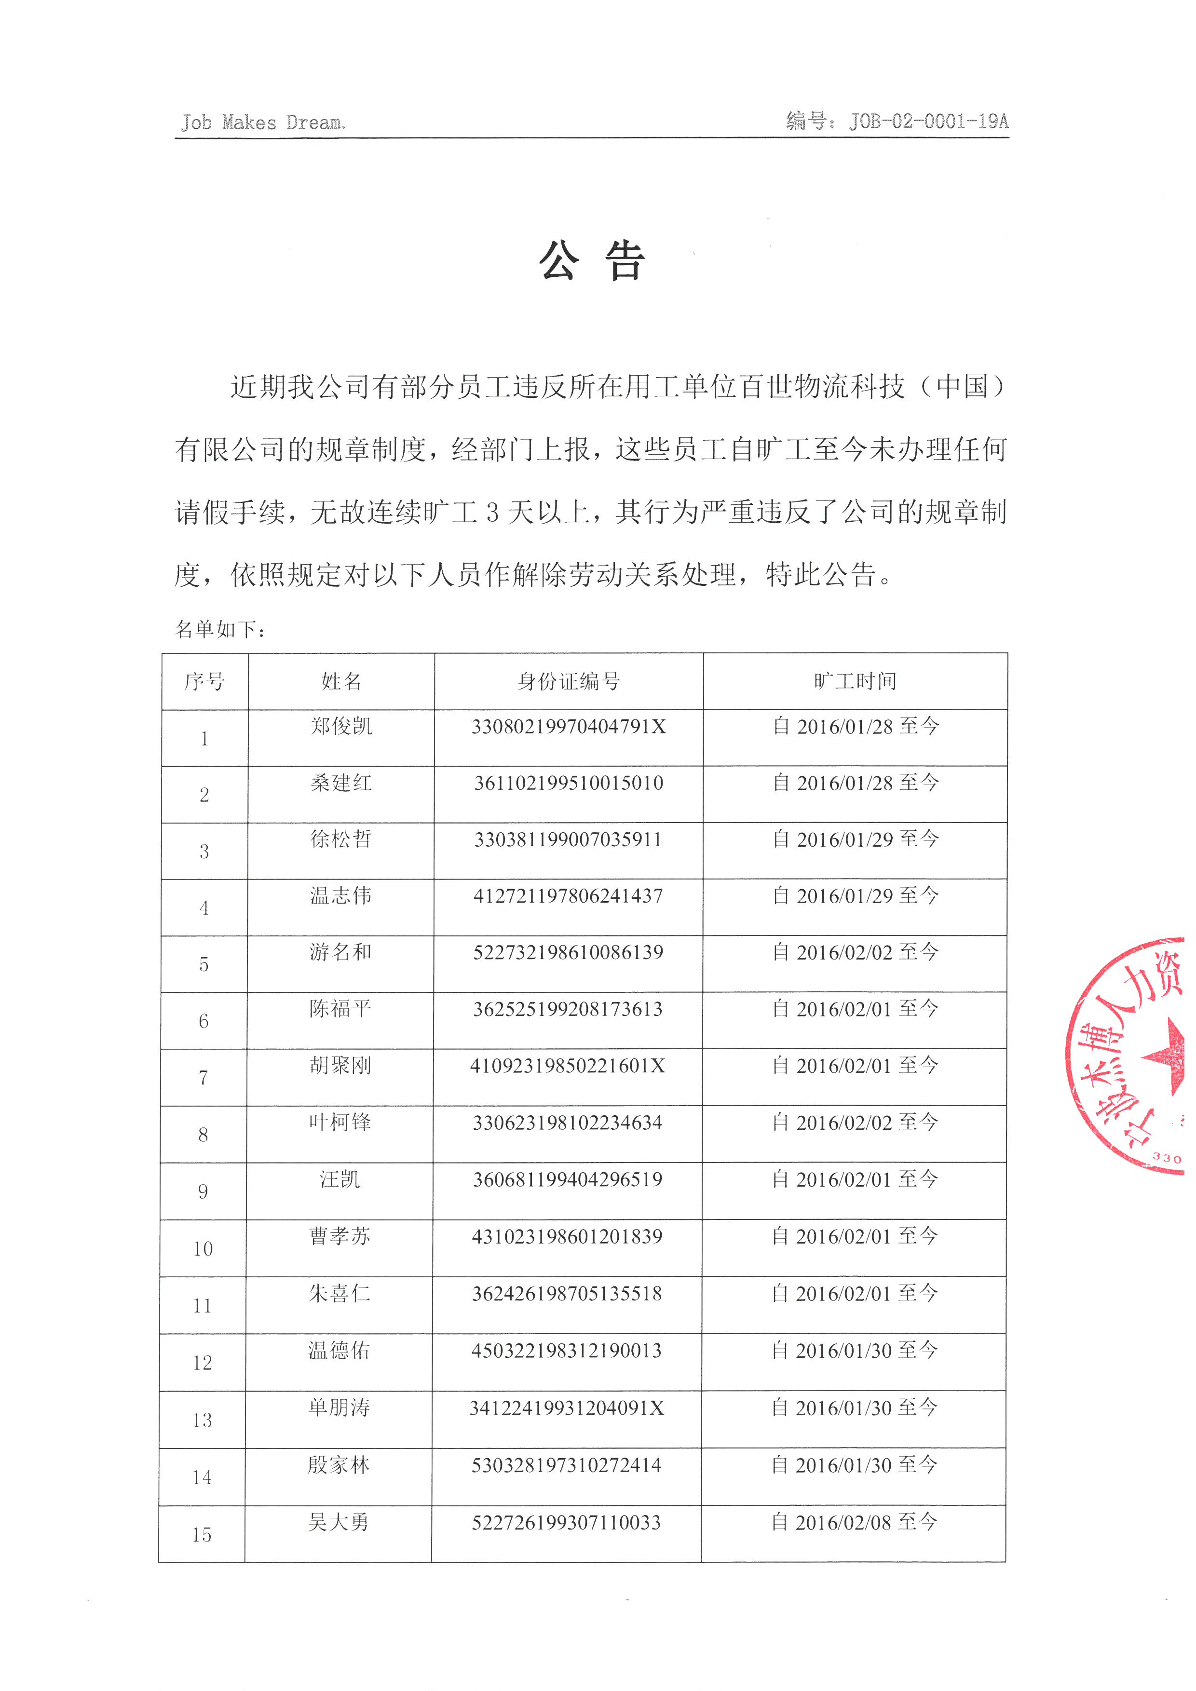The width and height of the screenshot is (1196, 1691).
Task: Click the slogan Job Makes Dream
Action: [263, 122]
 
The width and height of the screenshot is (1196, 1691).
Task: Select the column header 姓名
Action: [341, 681]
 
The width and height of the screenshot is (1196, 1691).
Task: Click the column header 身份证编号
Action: [569, 681]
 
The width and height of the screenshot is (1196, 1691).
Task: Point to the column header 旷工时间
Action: [855, 681]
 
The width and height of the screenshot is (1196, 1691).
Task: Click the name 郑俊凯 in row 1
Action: [341, 726]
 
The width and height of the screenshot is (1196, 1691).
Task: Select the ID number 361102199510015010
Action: [569, 783]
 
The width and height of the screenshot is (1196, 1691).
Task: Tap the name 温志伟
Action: [341, 895]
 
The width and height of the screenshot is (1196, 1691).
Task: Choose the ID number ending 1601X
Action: [568, 1066]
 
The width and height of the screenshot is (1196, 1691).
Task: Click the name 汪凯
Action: [340, 1179]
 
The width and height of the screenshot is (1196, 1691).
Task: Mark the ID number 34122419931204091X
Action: [567, 1407]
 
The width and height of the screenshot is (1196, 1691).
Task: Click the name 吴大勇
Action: [339, 1522]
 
